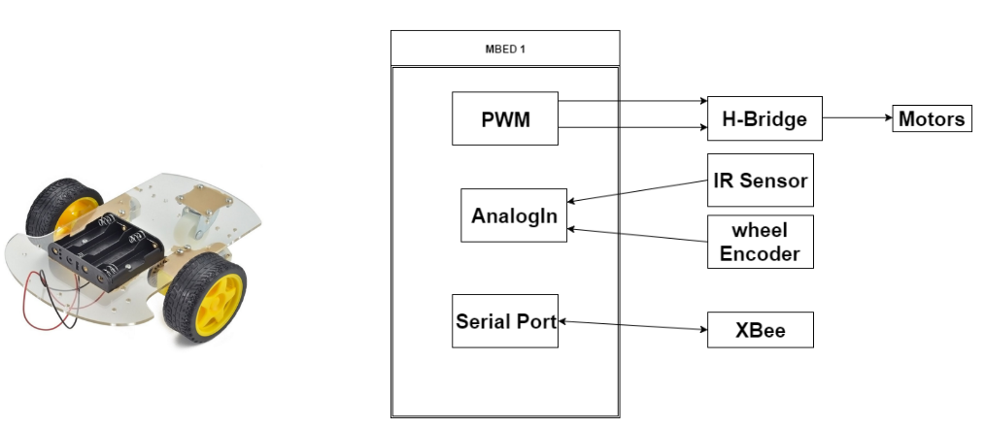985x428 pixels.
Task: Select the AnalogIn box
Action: coord(514,214)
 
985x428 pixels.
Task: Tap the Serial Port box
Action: coord(506,320)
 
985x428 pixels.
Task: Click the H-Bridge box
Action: coord(764,119)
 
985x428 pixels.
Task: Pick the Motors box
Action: coord(931,119)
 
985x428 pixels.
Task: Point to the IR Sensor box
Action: coord(760,180)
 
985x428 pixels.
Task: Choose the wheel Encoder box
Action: coord(760,242)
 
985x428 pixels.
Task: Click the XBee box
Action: coord(760,330)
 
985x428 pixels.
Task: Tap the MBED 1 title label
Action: coord(505,48)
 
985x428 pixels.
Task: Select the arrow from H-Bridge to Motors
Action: coord(857,119)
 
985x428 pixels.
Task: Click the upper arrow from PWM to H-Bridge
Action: coord(632,100)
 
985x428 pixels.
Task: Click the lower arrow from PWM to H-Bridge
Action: coord(632,127)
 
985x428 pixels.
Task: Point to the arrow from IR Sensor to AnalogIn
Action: coord(637,192)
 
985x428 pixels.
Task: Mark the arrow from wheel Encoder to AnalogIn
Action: coord(637,236)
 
